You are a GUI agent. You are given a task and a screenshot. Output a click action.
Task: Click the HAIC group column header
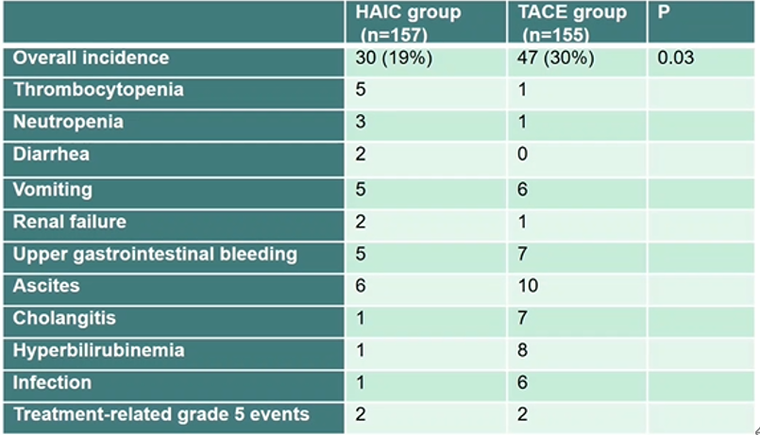[408, 23]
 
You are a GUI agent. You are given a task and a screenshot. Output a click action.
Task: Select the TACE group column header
[572, 23]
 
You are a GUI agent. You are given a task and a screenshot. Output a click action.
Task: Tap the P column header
[663, 13]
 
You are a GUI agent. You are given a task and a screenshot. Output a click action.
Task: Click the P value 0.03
[676, 59]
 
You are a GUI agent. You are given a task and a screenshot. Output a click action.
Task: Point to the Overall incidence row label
[91, 59]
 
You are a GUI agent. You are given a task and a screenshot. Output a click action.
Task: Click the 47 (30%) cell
[557, 59]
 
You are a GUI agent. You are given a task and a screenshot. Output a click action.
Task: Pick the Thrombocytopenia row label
[98, 91]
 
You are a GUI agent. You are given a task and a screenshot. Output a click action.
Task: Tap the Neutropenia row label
[68, 123]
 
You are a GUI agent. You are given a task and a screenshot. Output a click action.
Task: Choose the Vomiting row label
[53, 190]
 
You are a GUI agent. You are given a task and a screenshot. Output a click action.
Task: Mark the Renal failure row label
[69, 222]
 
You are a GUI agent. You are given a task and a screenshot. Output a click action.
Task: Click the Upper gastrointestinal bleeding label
[155, 254]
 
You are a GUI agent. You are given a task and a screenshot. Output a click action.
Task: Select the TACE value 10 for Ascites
[530, 286]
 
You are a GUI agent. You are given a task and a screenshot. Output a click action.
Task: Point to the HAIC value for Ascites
[361, 286]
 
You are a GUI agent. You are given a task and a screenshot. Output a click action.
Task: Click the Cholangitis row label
[64, 319]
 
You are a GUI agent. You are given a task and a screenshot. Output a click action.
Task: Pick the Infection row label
[52, 383]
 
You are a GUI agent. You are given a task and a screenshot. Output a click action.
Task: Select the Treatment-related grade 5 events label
[160, 415]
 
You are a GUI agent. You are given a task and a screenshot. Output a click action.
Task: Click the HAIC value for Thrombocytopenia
[361, 91]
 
